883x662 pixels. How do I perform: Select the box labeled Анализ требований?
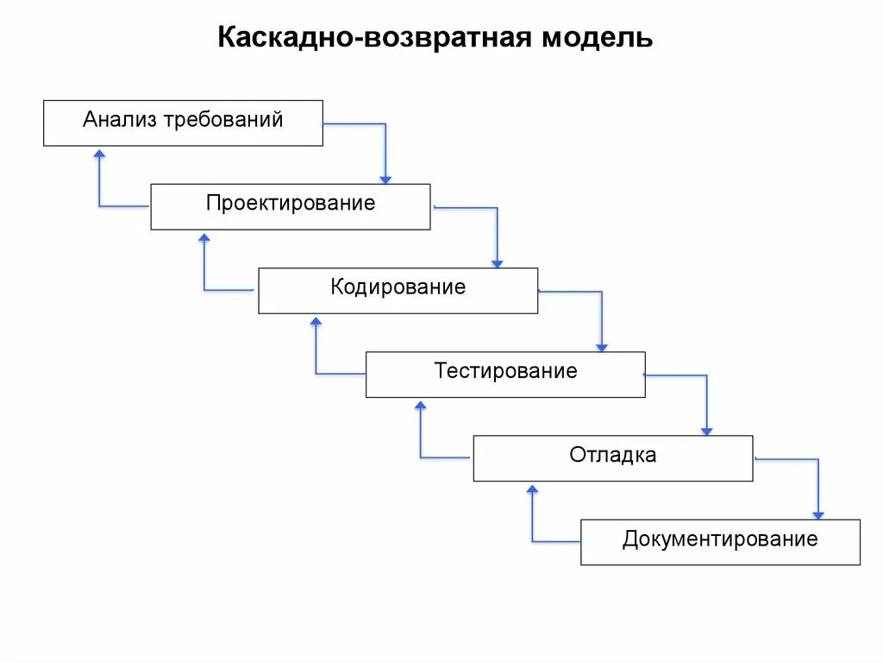(183, 123)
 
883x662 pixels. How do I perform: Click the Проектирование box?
(290, 206)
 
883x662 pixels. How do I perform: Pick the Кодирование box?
(398, 290)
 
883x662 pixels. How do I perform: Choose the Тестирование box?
(505, 374)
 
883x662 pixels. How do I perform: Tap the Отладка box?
(612, 457)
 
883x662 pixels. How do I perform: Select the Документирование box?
(720, 542)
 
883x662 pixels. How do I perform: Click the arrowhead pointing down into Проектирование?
(385, 179)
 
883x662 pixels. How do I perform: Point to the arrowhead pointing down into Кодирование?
(497, 262)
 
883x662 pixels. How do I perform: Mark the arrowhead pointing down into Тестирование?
(602, 346)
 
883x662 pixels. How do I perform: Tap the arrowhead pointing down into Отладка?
(707, 430)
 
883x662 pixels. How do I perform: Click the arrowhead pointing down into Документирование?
(818, 514)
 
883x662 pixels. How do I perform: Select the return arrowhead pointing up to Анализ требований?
(99, 153)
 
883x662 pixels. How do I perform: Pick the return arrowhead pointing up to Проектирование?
(204, 236)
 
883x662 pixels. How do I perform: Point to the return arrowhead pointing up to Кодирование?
(316, 320)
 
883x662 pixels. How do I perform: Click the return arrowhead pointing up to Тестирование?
(421, 404)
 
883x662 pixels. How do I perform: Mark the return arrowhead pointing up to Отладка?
(532, 488)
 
